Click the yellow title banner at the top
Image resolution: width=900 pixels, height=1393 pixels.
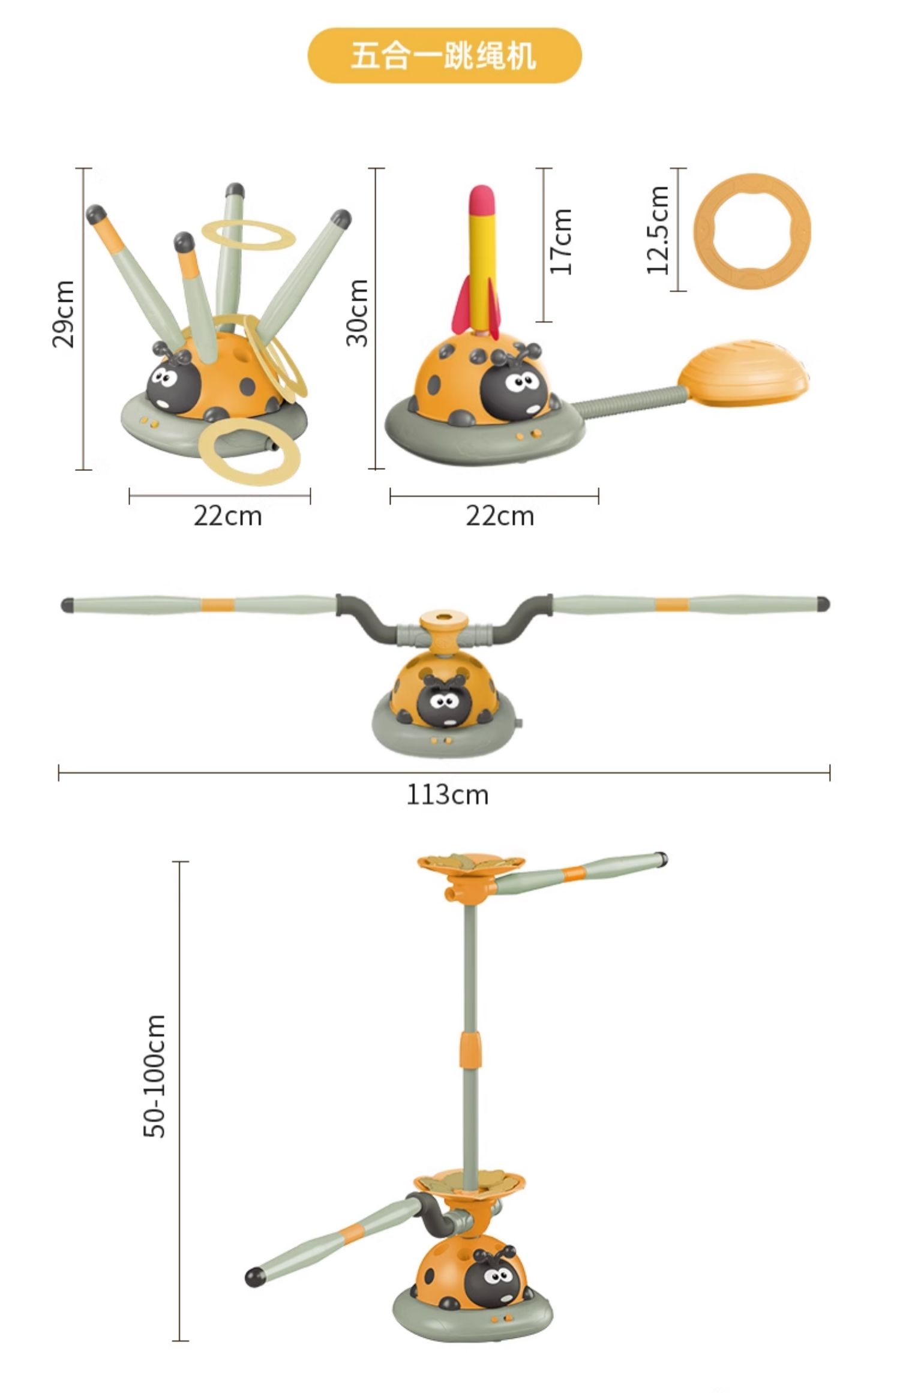(x=445, y=56)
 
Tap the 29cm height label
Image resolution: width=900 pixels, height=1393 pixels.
(x=64, y=314)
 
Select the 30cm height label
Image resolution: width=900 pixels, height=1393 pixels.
(x=357, y=313)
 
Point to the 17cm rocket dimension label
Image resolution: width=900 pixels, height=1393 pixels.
(x=561, y=242)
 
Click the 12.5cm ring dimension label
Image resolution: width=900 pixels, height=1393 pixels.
(x=658, y=230)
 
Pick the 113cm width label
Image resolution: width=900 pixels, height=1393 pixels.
(x=448, y=795)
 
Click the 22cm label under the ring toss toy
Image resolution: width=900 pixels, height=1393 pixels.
(x=227, y=516)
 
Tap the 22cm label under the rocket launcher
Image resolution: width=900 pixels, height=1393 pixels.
(x=500, y=516)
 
